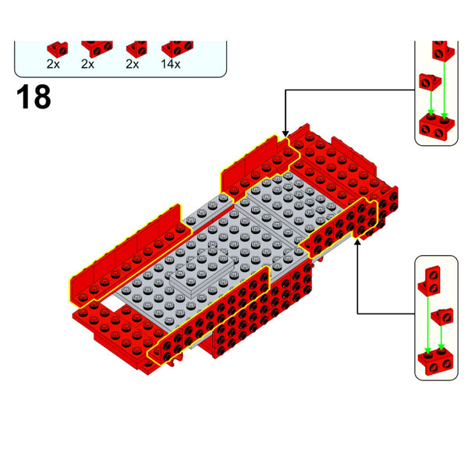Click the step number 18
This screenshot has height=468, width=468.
(33, 97)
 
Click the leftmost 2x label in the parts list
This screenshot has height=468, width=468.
(53, 64)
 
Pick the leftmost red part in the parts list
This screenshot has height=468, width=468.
(55, 48)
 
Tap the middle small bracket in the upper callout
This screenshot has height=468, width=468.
(428, 80)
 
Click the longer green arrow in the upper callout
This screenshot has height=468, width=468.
(445, 90)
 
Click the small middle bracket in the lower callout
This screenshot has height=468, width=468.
(441, 316)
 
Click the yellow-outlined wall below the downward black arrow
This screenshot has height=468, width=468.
(261, 160)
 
